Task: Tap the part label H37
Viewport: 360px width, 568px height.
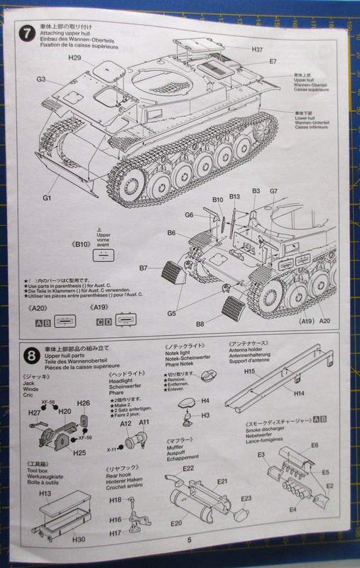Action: click(256, 49)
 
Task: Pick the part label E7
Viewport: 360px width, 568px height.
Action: click(273, 62)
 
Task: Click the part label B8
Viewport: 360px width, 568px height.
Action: click(200, 324)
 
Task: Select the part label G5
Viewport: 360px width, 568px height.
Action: click(172, 313)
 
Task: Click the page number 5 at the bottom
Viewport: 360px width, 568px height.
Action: click(190, 539)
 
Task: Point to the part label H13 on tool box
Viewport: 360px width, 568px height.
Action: click(44, 493)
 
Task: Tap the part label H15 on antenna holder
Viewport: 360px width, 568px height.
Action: click(249, 371)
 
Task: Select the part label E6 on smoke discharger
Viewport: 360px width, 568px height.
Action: click(314, 445)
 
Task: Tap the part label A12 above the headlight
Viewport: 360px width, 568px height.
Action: click(126, 422)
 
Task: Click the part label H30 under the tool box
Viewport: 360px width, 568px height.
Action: click(79, 539)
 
